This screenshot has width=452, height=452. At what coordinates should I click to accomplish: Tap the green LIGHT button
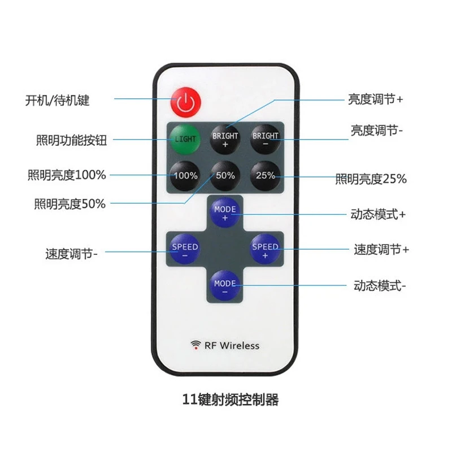tap(185, 139)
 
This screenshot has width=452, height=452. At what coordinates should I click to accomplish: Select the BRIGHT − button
tap(266, 139)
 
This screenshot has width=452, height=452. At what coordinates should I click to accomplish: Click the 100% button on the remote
tap(185, 176)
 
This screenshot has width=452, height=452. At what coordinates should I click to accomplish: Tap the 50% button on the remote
tap(225, 176)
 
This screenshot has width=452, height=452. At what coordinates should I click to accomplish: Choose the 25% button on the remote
tap(266, 176)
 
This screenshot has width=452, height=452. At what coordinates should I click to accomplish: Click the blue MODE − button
tap(225, 286)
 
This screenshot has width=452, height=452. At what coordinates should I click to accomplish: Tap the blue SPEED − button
tap(185, 250)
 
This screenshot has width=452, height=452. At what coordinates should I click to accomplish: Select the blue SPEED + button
tap(265, 250)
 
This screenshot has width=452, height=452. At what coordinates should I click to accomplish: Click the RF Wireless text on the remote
tap(232, 345)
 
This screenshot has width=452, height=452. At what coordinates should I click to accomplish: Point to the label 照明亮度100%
tap(67, 175)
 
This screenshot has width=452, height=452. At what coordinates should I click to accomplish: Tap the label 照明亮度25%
tap(371, 179)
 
